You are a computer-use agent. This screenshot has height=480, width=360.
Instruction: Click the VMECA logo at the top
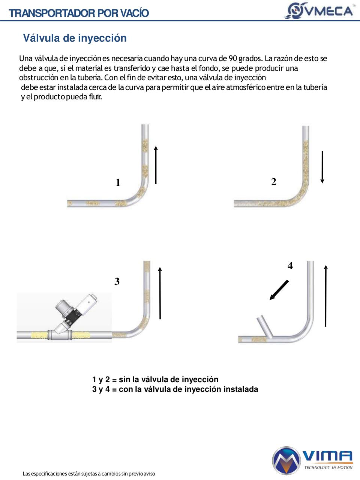point(319,10)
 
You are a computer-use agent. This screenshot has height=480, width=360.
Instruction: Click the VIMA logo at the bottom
point(312,460)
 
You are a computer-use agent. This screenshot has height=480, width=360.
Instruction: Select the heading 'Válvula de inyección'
point(75,38)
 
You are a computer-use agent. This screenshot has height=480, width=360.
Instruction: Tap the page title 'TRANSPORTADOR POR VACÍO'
point(79,13)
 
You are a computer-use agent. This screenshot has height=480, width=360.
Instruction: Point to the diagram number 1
point(118,183)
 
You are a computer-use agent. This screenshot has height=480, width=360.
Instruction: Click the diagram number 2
point(274,182)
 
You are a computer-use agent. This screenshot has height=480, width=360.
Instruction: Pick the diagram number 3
point(117,282)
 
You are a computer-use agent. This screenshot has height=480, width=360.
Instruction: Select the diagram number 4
point(290,266)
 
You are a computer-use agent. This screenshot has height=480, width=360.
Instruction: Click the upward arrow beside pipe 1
point(156,165)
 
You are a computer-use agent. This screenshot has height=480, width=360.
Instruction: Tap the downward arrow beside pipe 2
point(322,167)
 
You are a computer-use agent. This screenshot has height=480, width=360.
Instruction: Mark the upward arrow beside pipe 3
point(160,293)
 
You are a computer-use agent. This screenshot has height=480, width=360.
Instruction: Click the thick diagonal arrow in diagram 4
point(279,290)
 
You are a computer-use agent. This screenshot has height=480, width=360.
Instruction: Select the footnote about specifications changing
point(89,474)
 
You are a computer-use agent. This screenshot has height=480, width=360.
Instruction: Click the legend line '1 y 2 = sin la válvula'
point(155,379)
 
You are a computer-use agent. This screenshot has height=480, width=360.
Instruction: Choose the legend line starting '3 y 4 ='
point(175,389)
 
